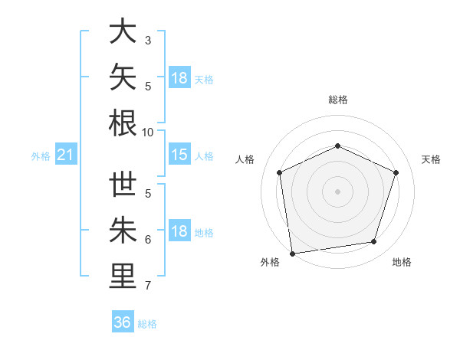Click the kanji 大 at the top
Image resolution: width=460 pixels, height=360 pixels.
[x=123, y=31]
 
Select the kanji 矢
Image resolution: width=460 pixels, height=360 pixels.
[x=123, y=77]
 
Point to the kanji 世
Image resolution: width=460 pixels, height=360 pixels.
[x=123, y=184]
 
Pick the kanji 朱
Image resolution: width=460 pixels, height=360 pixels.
[x=123, y=230]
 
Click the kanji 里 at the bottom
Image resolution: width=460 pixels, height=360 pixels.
[x=123, y=276]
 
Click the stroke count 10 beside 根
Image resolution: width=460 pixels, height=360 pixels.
[x=147, y=133]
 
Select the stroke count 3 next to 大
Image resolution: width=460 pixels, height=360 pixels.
[x=148, y=41]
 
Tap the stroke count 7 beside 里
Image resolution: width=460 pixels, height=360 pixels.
[x=148, y=286]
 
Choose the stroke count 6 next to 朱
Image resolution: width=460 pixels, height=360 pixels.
[x=148, y=240]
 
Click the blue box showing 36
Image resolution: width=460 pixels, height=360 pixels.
[x=123, y=321]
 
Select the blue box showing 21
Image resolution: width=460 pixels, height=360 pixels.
[x=66, y=154]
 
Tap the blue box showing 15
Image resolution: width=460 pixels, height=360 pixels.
[x=179, y=154]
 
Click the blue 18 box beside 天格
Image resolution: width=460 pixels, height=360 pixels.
[x=179, y=77]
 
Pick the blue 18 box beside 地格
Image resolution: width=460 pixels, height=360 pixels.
[x=179, y=230]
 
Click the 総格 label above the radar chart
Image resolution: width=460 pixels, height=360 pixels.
[x=338, y=100]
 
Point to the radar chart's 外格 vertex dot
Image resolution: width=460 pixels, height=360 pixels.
[x=293, y=254]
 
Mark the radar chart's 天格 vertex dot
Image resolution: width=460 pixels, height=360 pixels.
[x=396, y=172]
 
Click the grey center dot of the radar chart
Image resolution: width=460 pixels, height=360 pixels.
[x=337, y=191]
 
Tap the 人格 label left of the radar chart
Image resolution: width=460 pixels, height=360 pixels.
[x=245, y=159]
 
